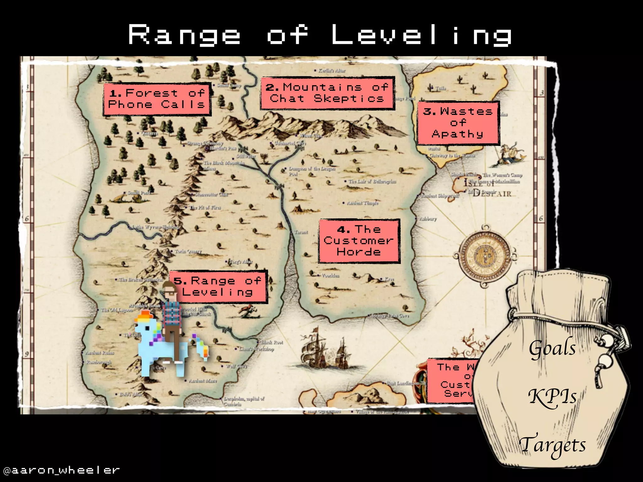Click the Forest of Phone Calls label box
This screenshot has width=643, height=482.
(x=157, y=99)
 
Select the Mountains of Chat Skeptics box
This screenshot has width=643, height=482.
(x=327, y=93)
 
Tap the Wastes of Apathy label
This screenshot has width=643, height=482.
(x=458, y=123)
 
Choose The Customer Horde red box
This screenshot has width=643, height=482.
(x=359, y=241)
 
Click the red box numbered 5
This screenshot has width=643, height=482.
(x=218, y=287)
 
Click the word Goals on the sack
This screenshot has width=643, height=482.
(x=552, y=348)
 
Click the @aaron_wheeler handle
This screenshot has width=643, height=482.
(x=61, y=470)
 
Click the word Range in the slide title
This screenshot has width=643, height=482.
(x=185, y=35)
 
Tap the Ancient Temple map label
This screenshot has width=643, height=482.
(x=362, y=203)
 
